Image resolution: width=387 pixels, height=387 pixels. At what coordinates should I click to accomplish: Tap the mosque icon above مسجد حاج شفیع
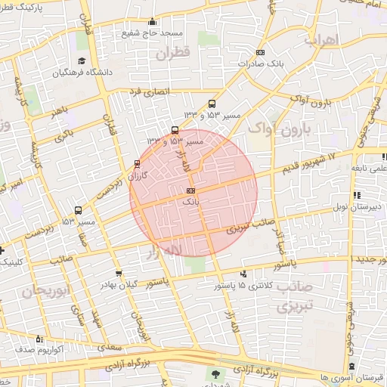pos(153,21)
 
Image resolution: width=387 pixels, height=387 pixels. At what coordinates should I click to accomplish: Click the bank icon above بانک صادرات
pos(260,52)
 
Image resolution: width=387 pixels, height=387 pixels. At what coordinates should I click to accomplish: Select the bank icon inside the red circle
pos(190,190)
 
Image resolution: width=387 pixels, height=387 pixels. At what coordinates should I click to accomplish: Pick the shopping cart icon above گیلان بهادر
pos(119,274)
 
